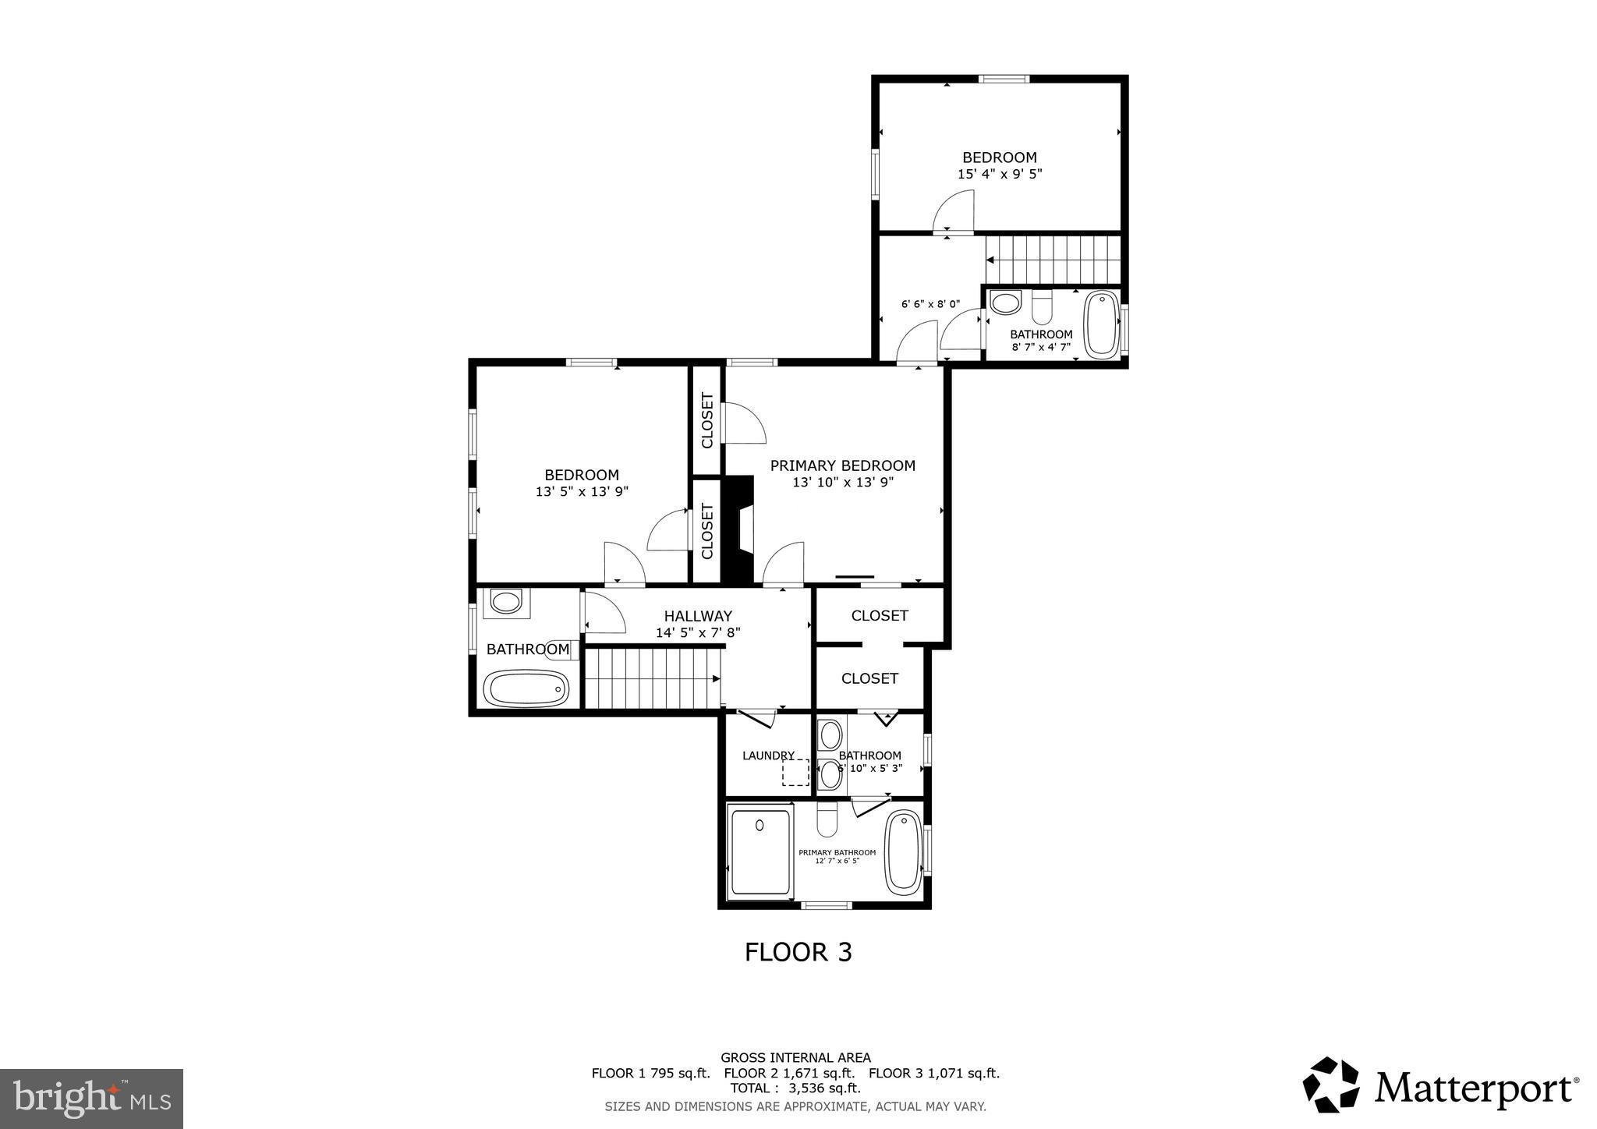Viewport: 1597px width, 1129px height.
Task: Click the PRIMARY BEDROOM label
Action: [x=842, y=465]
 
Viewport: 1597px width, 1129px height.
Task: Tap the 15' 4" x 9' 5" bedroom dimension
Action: [x=999, y=174]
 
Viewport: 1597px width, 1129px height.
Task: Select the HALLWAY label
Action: [x=697, y=616]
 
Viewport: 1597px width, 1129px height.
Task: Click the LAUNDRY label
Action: [x=767, y=756]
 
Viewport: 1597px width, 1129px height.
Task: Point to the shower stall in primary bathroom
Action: [x=760, y=852]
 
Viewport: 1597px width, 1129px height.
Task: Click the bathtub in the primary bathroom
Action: [x=903, y=851]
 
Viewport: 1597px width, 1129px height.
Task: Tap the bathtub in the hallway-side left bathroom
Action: [x=526, y=688]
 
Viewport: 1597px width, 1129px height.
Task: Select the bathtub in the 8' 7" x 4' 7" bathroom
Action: [x=1101, y=324]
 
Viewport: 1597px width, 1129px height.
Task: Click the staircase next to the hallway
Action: [x=652, y=679]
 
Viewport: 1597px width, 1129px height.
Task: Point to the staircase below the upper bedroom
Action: [x=1053, y=260]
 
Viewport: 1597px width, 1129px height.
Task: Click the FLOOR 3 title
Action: [x=798, y=952]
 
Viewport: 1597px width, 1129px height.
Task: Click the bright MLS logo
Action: [x=91, y=1098]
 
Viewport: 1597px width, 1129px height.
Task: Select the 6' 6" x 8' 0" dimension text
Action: [x=930, y=304]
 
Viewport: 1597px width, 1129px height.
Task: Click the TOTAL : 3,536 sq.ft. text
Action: [x=795, y=1088]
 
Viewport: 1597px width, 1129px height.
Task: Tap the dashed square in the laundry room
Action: [x=795, y=773]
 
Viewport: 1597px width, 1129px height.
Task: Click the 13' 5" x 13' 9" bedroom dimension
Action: [x=582, y=492]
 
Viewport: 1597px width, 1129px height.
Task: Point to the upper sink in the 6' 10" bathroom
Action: [x=830, y=734]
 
